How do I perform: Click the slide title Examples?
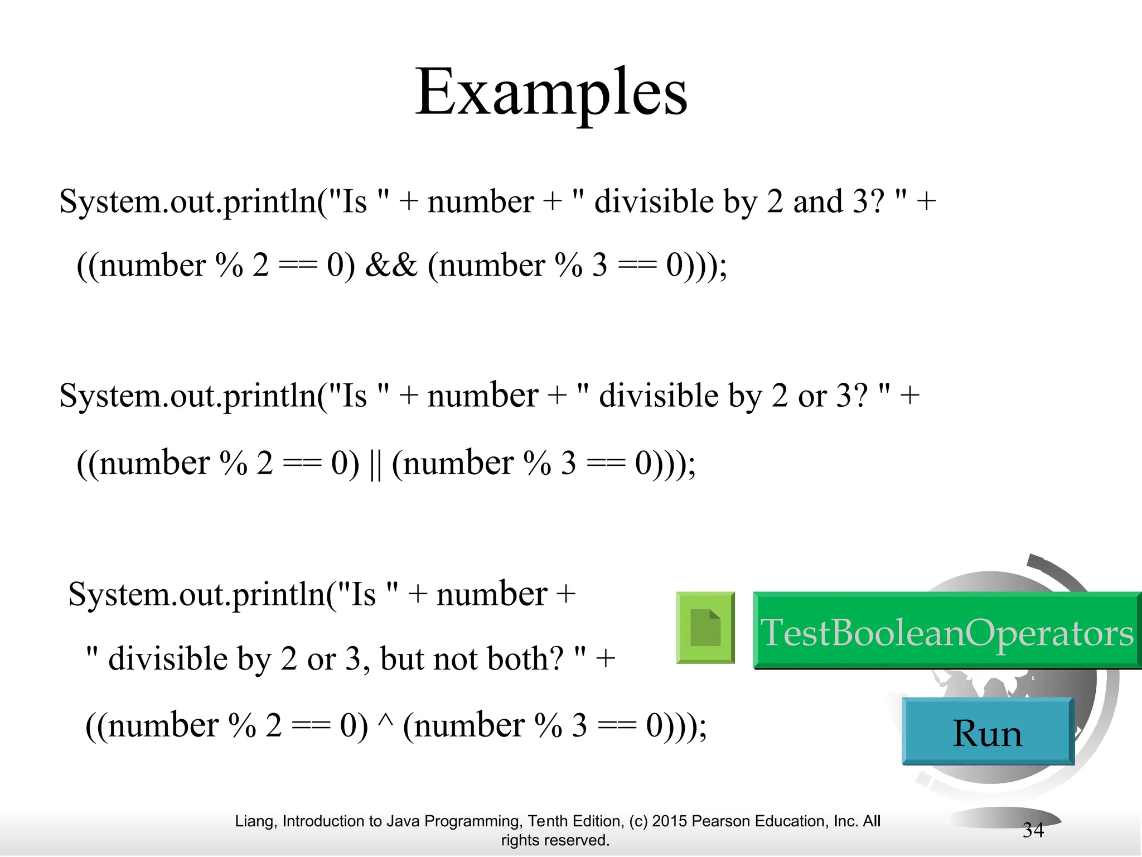pos(551,93)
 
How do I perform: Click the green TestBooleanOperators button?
pos(946,631)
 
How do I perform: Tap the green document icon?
pos(705,628)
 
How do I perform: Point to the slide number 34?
pos(1033,830)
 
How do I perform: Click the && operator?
pos(391,265)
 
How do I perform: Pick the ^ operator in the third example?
pos(385,720)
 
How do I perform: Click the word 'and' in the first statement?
pos(817,201)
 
